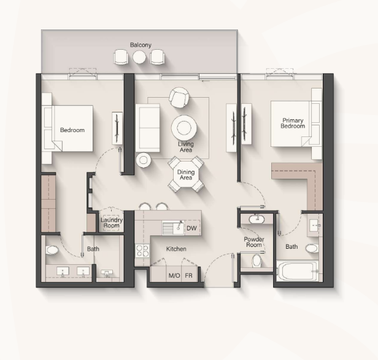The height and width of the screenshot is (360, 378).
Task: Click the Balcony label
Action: click(x=141, y=45)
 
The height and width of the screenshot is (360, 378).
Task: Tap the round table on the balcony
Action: click(x=139, y=57)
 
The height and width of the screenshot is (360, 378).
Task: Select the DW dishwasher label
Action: click(x=191, y=228)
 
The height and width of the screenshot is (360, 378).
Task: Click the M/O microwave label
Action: click(x=174, y=275)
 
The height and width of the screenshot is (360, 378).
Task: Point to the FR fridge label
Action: click(x=189, y=275)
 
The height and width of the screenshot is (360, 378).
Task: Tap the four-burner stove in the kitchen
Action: click(x=142, y=251)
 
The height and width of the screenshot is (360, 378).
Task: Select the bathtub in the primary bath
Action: click(x=296, y=270)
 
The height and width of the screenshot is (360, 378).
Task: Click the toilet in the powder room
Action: click(x=256, y=261)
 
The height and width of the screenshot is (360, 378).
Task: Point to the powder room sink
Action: click(x=256, y=219)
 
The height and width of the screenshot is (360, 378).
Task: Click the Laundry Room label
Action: click(x=112, y=223)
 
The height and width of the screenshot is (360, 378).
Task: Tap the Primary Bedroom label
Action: click(x=293, y=123)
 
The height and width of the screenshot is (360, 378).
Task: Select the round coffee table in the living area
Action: click(x=184, y=127)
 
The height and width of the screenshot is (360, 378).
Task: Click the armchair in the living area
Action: click(x=179, y=98)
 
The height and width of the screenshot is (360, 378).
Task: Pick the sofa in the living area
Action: click(x=147, y=128)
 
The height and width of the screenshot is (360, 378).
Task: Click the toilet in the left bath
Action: click(x=52, y=250)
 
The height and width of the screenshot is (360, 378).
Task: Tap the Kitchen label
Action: click(x=176, y=249)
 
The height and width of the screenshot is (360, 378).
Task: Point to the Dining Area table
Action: click(x=186, y=174)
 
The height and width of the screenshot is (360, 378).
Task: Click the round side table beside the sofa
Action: click(x=144, y=160)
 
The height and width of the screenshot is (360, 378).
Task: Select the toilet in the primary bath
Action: click(x=312, y=248)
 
